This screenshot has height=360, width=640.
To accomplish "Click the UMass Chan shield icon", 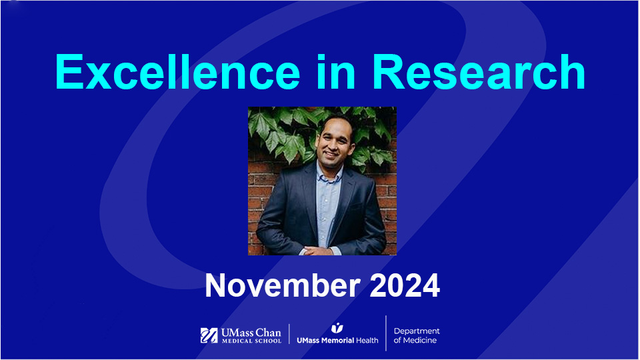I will point(209,335).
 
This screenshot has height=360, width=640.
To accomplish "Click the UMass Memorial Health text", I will point(337,340).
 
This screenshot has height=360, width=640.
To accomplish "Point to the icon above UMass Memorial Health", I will point(337,327).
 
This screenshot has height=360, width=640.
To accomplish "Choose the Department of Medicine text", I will point(417,335).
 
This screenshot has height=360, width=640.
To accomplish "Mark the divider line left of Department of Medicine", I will point(386,333).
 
